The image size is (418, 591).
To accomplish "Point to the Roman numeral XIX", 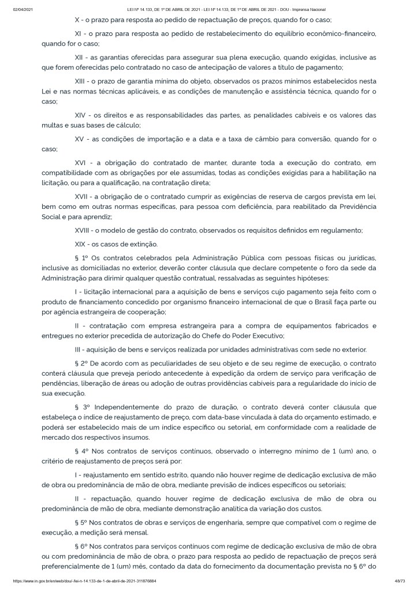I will click(83, 244).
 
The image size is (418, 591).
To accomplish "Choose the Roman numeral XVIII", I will click(85, 230).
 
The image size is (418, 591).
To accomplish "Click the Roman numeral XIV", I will click(83, 116).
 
